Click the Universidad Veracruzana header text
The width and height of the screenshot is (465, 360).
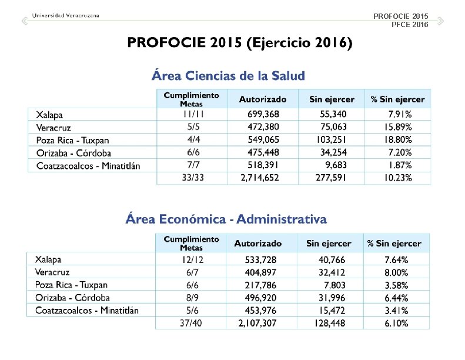click(65, 15)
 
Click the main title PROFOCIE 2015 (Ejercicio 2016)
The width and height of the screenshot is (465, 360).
click(240, 43)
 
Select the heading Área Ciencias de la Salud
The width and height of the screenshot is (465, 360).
click(228, 76)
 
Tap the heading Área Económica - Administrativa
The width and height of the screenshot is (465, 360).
click(226, 219)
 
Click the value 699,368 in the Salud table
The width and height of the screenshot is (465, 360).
click(263, 114)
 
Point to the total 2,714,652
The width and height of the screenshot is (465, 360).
click(259, 178)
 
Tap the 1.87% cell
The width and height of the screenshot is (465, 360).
click(400, 165)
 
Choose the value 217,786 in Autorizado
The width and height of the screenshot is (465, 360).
click(260, 285)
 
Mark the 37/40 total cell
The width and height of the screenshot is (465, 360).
click(191, 323)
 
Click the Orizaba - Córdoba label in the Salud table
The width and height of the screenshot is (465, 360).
click(73, 153)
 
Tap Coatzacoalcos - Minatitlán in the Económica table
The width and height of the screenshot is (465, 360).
click(87, 310)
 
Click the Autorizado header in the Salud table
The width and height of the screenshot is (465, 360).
click(263, 99)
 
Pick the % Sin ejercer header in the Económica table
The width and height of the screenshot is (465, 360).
click(394, 243)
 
